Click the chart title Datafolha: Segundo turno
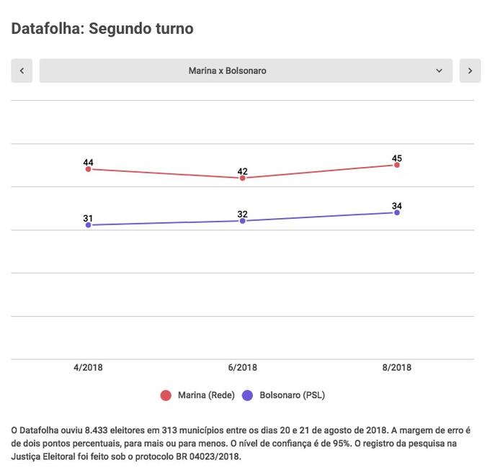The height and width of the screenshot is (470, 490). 102,29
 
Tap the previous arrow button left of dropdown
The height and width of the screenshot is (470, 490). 22,71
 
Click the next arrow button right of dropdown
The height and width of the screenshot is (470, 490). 470,71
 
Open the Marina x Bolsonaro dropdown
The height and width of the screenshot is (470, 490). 246,71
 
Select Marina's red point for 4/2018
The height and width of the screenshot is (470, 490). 88,169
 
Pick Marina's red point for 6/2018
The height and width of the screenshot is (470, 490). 243,178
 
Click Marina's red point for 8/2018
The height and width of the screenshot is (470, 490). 397,165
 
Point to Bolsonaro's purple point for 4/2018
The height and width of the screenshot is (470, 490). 88,225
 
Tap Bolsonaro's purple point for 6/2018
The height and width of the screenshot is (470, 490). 243,221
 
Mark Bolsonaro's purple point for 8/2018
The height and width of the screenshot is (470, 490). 397,212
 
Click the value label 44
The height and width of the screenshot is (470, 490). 88,162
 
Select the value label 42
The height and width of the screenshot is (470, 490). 243,171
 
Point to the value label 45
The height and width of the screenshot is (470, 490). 397,158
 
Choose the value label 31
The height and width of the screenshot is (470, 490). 88,218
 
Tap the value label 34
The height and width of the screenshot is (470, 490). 397,206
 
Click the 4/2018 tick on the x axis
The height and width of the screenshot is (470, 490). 88,367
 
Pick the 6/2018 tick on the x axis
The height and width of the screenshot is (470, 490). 243,367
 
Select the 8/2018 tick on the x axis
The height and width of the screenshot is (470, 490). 397,367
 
